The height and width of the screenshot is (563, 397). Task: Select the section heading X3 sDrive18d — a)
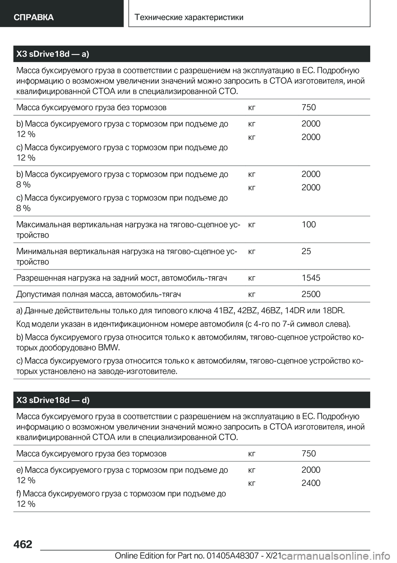pos(53,54)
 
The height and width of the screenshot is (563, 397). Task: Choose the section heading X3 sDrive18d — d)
pos(53,400)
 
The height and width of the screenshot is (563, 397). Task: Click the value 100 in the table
pos(309,224)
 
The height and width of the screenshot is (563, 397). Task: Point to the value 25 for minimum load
pos(306,251)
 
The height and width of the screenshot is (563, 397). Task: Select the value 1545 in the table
pos(311,278)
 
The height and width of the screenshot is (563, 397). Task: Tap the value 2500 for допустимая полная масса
pos(311,294)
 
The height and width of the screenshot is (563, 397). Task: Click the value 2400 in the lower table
pos(311,483)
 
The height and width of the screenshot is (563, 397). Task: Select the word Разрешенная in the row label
pos(36,278)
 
